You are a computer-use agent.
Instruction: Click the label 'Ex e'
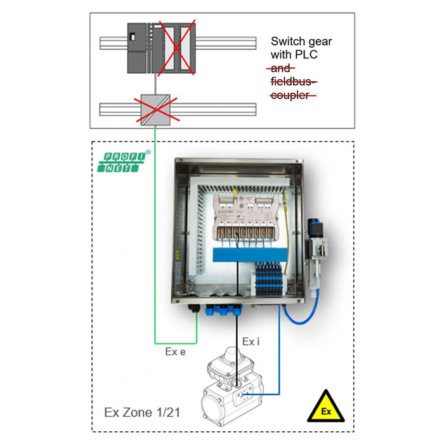point(175,352)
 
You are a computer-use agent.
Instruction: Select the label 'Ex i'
point(250,342)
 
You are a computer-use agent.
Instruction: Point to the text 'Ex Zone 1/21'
point(142,412)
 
